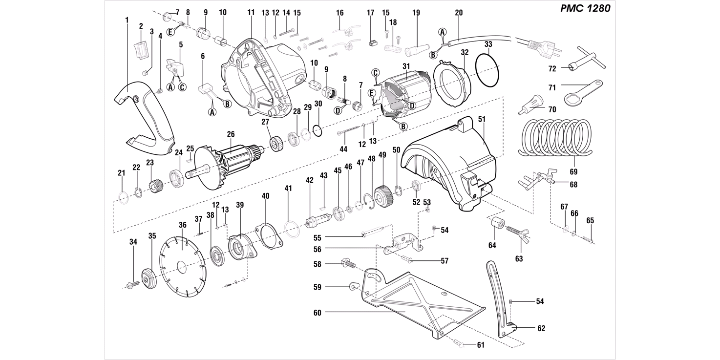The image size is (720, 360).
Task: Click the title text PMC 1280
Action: [x=585, y=8]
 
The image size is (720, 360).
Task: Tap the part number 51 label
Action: [x=482, y=119]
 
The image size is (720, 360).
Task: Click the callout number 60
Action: [x=317, y=313]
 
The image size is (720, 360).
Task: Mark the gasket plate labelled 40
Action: [x=269, y=237]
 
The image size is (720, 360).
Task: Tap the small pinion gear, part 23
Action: [x=155, y=186]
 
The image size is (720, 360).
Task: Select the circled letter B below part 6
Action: [x=227, y=104]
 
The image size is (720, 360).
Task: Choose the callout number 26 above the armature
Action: [x=231, y=134]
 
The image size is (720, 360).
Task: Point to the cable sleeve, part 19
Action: [x=417, y=51]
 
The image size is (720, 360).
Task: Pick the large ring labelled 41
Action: [x=293, y=230]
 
